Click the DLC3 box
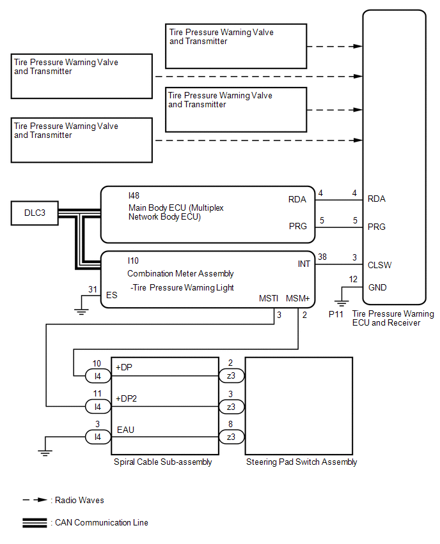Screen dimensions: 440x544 35,213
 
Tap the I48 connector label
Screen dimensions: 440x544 134,195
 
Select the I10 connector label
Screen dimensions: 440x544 133,261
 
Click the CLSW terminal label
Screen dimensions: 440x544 379,266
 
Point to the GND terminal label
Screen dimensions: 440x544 377,287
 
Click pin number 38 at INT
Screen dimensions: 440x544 322,257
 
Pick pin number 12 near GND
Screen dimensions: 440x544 353,279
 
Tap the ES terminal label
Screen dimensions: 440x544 111,295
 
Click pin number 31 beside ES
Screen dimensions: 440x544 93,289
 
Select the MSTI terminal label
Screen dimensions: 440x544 269,298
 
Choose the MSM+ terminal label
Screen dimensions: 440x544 298,298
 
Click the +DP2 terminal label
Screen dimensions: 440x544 126,398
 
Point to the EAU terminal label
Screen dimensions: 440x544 125,430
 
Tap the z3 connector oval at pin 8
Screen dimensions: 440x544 232,437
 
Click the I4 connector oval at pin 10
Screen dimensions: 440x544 98,375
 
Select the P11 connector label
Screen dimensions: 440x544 336,314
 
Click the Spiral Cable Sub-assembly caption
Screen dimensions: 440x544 162,462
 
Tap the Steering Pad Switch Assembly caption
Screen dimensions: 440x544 302,462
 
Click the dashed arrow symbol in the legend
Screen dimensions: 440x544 35,500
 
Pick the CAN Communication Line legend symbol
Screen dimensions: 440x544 35,523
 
